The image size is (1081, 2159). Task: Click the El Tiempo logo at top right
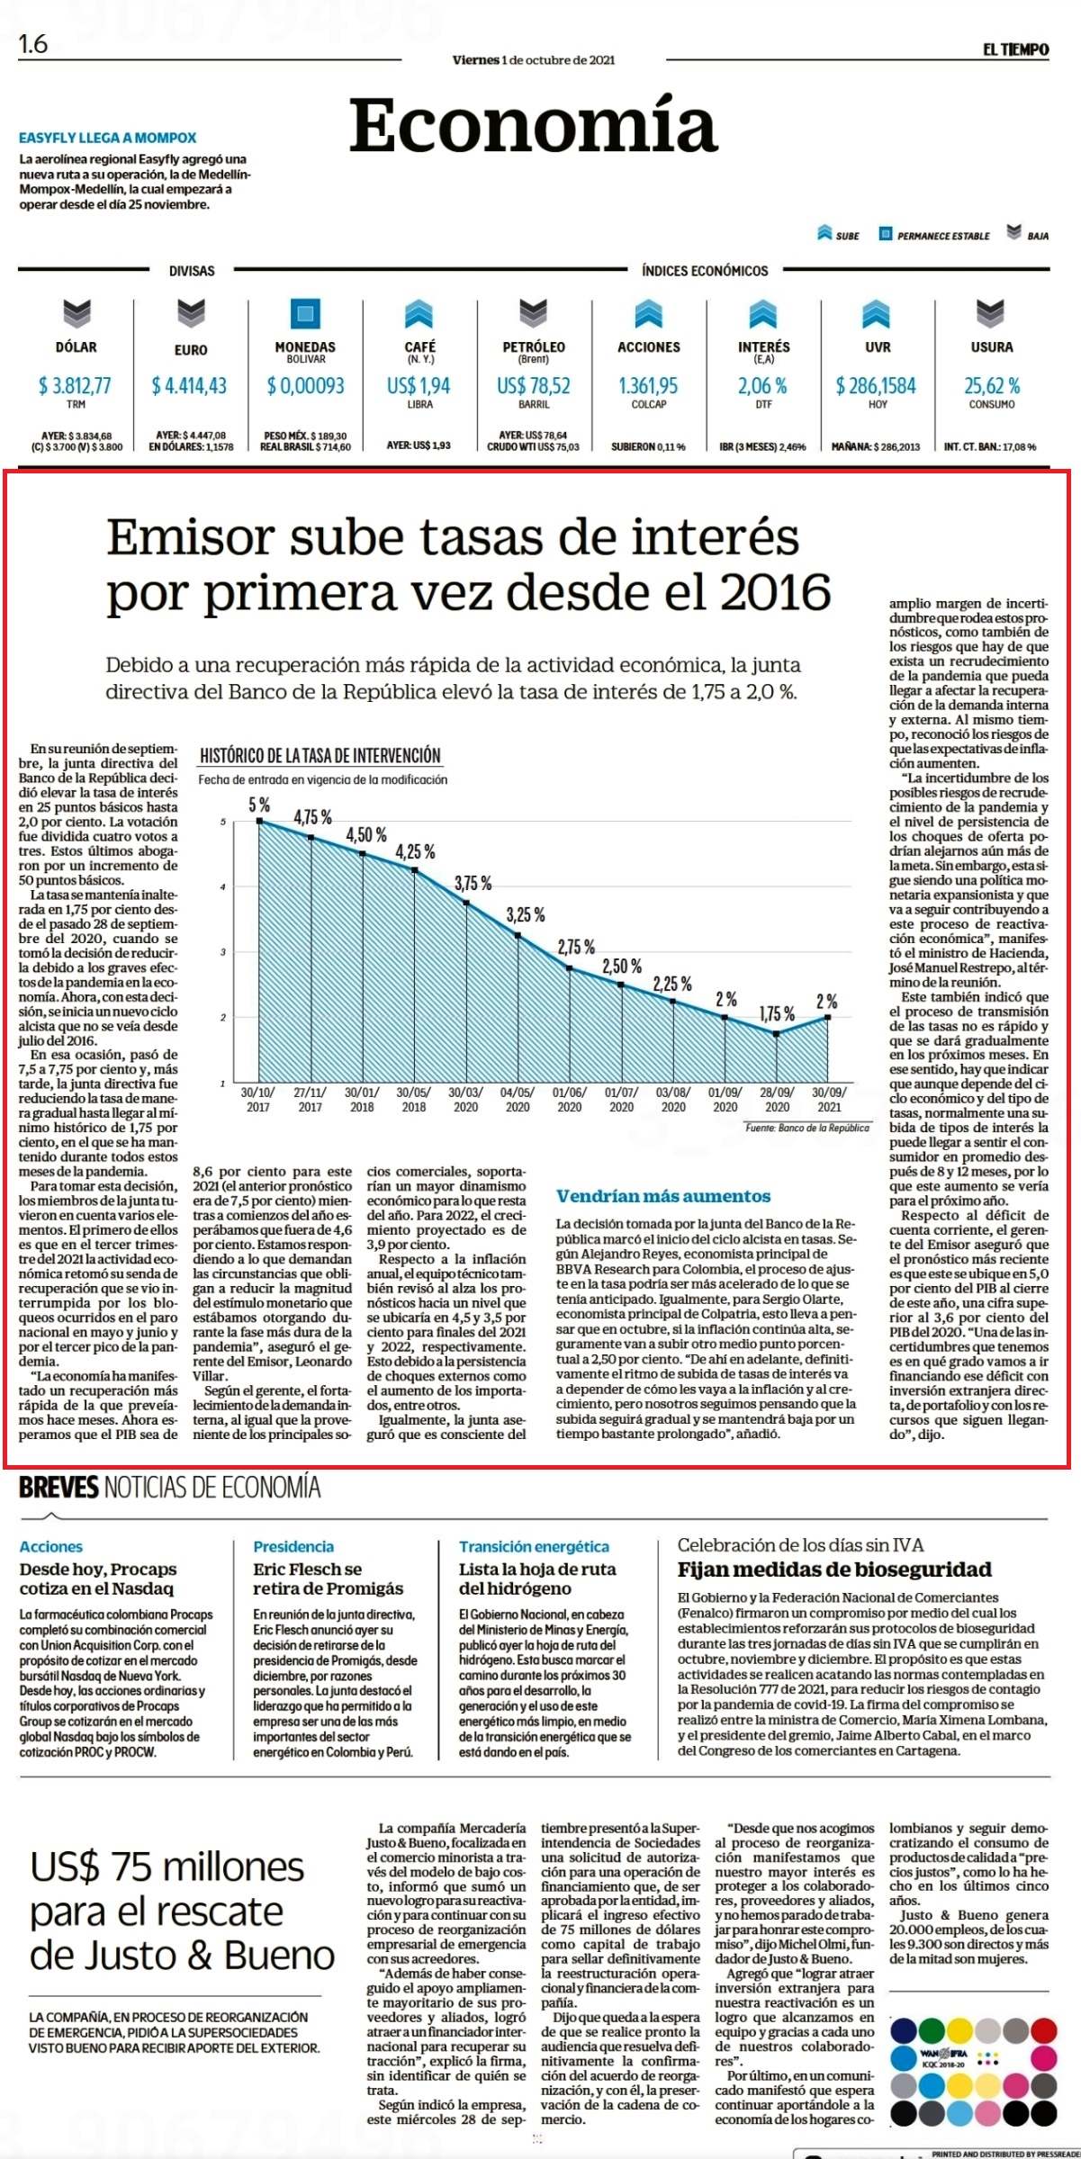coord(1015,49)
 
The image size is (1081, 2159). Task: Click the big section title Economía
coord(533,125)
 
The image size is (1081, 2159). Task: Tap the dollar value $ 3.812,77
coord(75,386)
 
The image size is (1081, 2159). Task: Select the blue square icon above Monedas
coord(305,313)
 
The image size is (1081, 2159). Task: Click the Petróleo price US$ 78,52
coord(534,386)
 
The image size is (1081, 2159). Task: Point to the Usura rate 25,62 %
coord(992,386)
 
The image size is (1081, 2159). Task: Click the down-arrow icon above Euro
coord(191,313)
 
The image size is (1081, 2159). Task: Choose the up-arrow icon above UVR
coord(877,313)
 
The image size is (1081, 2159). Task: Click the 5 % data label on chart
coord(259,805)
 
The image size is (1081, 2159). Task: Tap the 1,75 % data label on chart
coord(777,1014)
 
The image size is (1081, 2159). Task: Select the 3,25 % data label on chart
coord(526,915)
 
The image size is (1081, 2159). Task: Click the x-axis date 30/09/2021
coord(829,1100)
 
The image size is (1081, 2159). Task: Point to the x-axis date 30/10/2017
coord(258,1100)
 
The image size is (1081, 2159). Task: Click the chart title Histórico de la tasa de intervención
coord(320,756)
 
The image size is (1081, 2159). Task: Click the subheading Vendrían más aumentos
coord(663,1196)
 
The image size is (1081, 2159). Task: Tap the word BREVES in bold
coord(59,1488)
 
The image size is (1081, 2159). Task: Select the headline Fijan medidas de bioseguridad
coord(834,1570)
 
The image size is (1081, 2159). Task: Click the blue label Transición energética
coord(534,1546)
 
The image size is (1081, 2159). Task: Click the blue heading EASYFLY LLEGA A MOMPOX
coord(108,138)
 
